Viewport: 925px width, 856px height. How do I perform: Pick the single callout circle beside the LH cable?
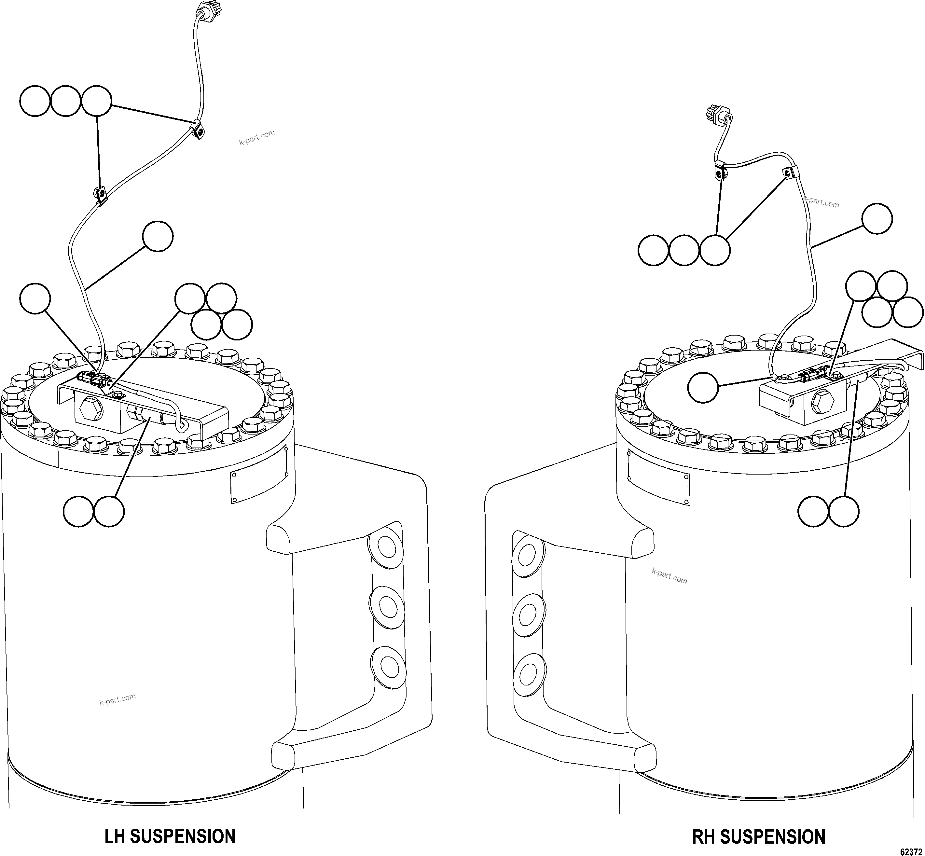[x=158, y=237]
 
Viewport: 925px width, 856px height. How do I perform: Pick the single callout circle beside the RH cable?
[x=877, y=219]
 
